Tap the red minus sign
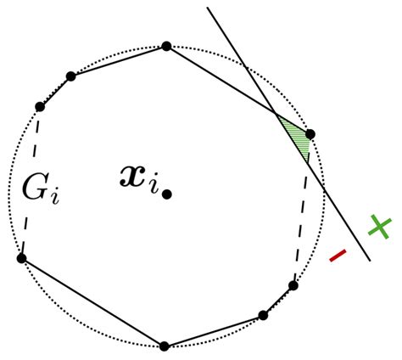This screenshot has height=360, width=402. tap(338, 254)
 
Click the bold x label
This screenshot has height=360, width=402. tap(135, 177)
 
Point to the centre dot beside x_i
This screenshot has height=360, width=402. tap(168, 194)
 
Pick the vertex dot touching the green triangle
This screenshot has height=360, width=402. tap(310, 134)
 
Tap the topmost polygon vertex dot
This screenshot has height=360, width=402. tap(166, 46)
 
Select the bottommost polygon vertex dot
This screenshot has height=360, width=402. tap(165, 346)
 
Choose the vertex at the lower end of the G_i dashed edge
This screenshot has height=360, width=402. tap(21, 258)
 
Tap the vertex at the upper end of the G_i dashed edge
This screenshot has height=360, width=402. tap(40, 107)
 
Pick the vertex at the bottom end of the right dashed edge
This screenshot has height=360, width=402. tap(293, 285)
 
